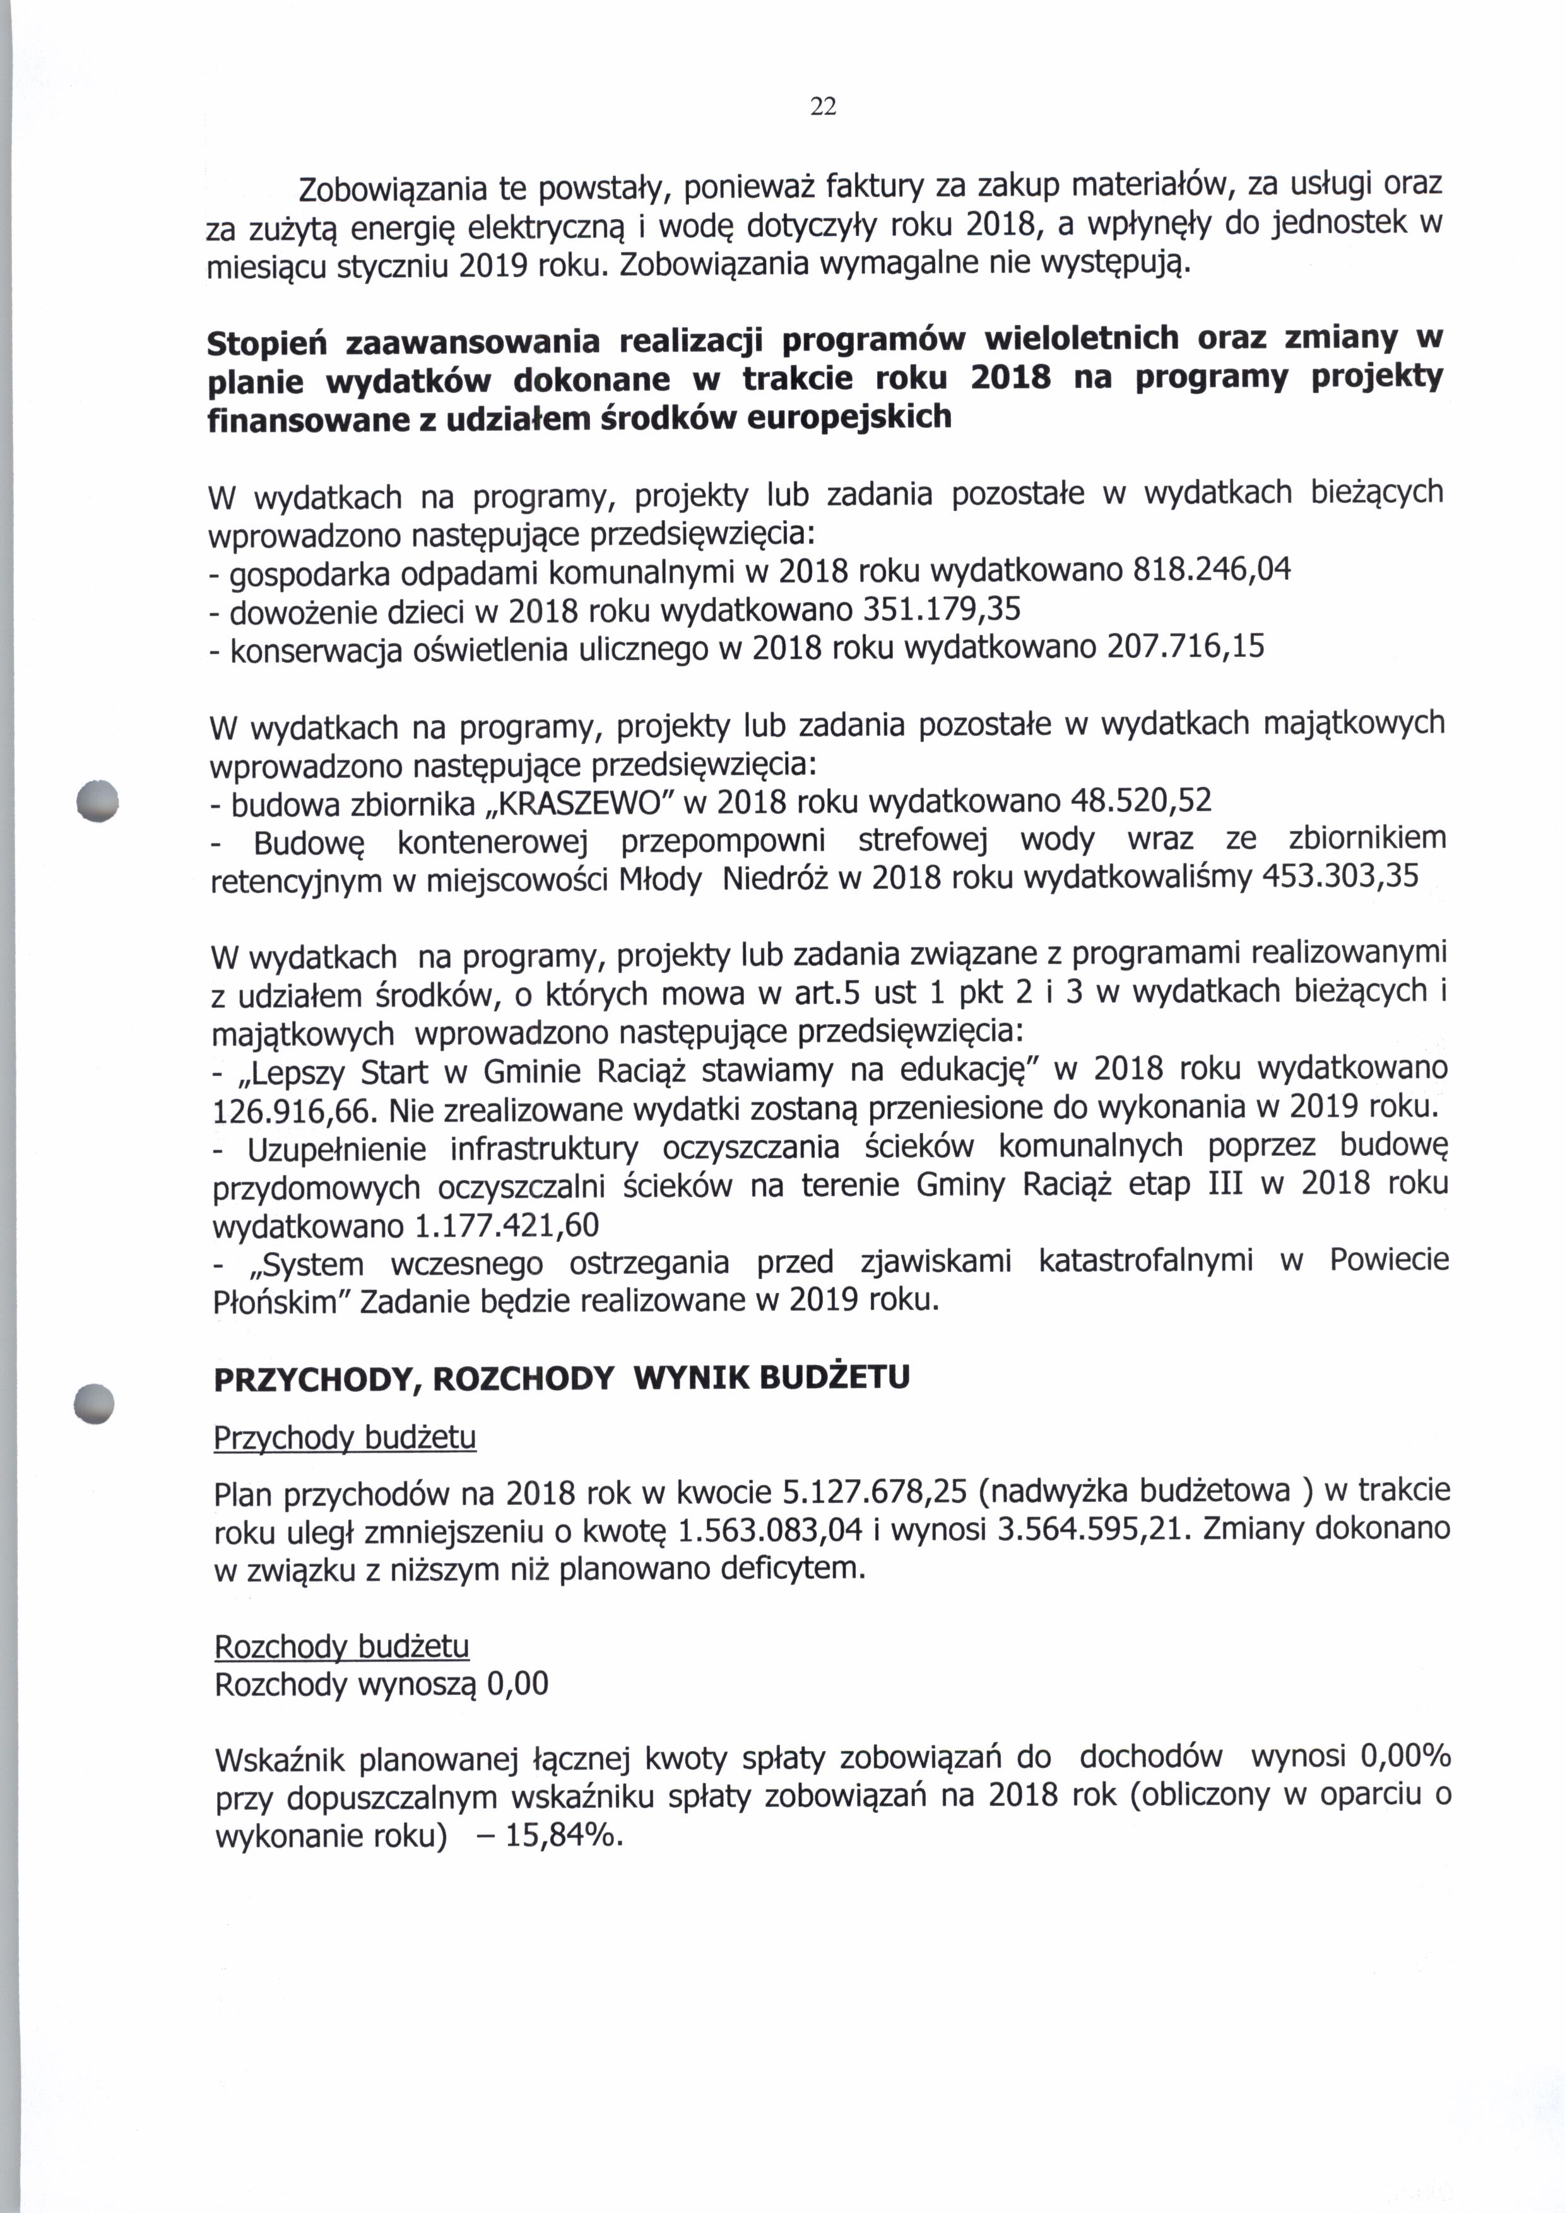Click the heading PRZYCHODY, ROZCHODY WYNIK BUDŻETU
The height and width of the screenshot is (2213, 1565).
coord(561,1378)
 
